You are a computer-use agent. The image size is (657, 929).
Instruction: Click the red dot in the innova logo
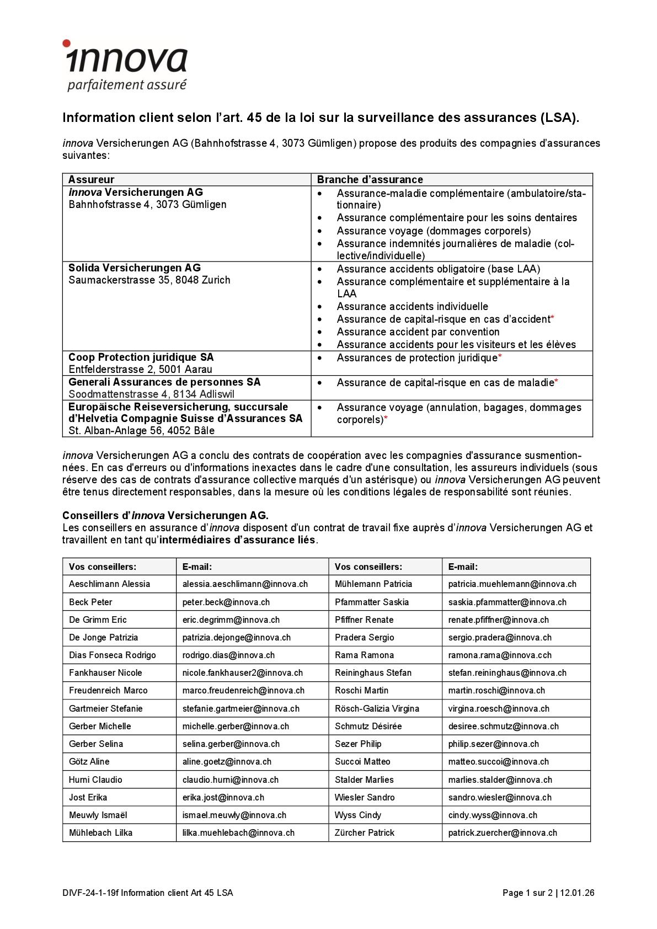point(66,43)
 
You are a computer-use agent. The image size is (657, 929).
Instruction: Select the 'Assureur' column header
point(91,179)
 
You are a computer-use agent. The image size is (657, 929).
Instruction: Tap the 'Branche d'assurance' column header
point(370,179)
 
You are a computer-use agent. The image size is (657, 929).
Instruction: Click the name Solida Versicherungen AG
point(135,268)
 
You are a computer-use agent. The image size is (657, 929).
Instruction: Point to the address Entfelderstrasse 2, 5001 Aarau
point(140,370)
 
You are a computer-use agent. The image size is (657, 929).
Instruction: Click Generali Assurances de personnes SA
point(164,382)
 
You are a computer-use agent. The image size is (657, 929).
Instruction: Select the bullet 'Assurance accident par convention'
point(418,332)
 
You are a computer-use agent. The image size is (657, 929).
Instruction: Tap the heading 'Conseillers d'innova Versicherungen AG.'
point(165,515)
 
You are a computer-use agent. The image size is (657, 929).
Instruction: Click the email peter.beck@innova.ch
point(226,602)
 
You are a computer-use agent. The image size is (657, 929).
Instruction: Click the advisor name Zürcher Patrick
point(364,832)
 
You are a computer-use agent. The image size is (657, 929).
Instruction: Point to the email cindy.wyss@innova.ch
point(492,815)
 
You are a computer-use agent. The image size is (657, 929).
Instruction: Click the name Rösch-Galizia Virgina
point(377,708)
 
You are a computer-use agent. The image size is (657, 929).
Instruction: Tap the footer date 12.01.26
point(577,893)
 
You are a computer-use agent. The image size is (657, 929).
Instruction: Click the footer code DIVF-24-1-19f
point(90,893)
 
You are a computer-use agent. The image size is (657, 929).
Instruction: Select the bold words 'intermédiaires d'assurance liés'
point(237,540)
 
